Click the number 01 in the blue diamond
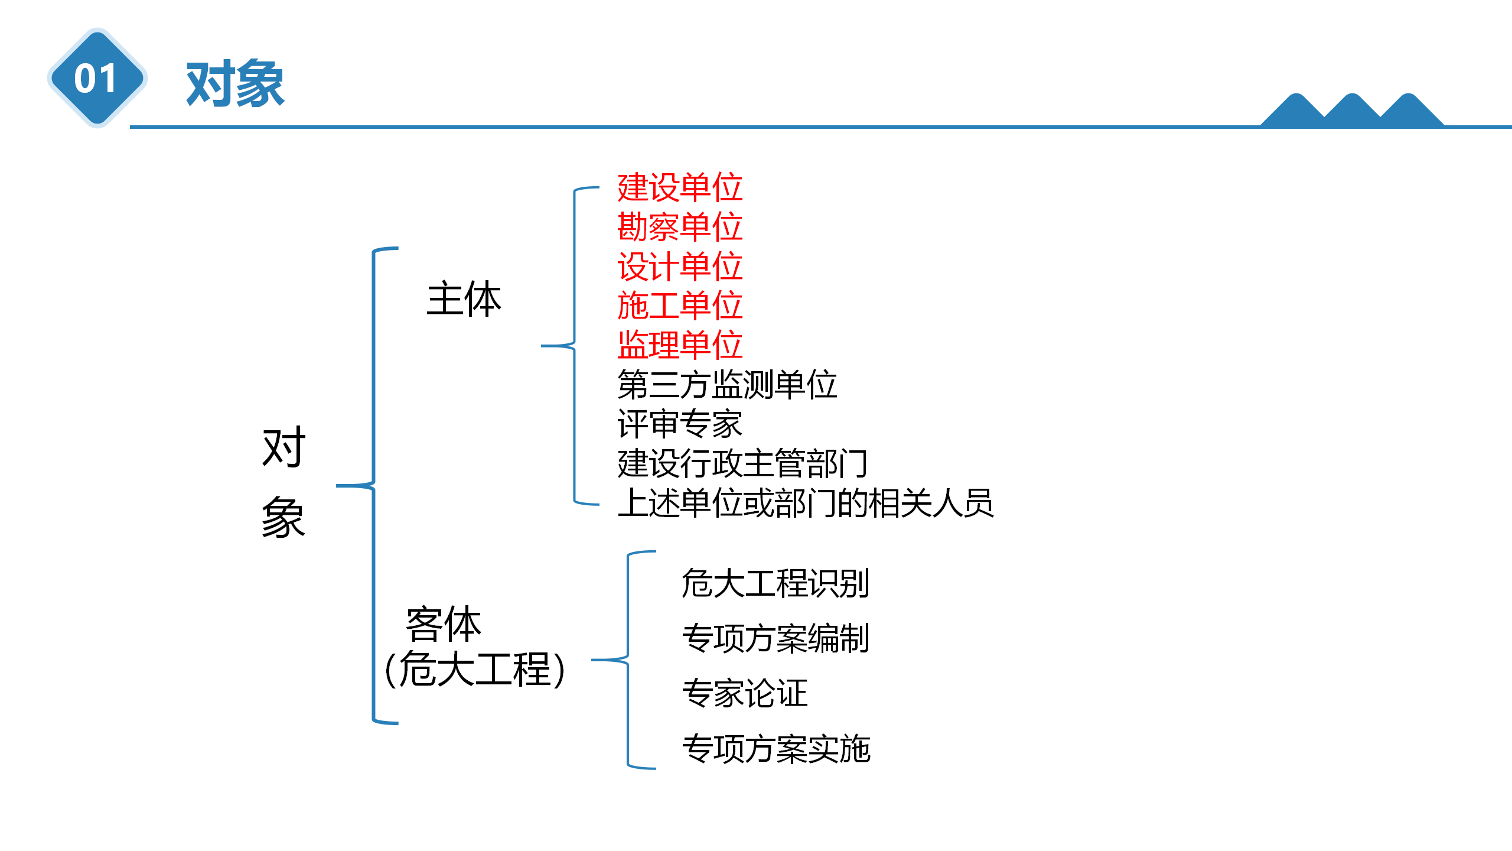(96, 79)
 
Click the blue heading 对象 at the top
(235, 84)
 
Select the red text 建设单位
(680, 187)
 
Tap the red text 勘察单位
(680, 227)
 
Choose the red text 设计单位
(680, 267)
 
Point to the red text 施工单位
(680, 306)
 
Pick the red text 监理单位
(680, 345)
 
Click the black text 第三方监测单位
(727, 385)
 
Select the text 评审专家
(680, 424)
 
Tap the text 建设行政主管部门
(742, 464)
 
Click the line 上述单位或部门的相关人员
(806, 504)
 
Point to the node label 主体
(464, 300)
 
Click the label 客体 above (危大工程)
(444, 624)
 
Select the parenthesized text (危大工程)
(475, 670)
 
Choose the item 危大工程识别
(775, 583)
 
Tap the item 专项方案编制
(775, 638)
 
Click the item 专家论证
(744, 693)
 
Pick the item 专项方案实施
(775, 749)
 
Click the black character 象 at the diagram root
(283, 517)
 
